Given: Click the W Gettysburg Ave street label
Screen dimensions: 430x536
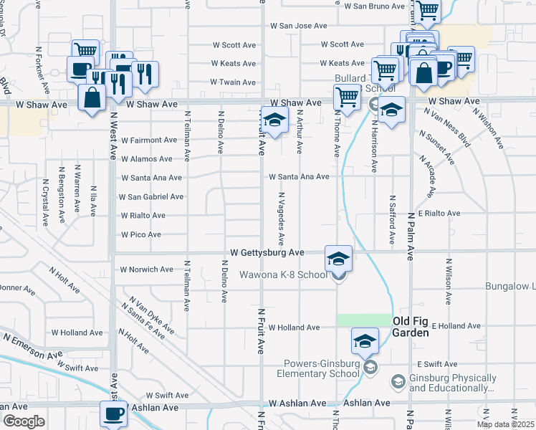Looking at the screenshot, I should click(267, 253).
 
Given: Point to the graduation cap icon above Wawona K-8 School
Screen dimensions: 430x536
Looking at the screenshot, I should click(338, 257).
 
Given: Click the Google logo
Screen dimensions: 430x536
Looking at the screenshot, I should click(24, 421).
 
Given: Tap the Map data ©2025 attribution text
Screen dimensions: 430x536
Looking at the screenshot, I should click(506, 424).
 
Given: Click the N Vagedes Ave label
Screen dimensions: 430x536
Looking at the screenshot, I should click(282, 216).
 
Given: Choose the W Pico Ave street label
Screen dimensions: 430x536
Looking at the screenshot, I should click(140, 234).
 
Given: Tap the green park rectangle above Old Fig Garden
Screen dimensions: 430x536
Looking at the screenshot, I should click(364, 320).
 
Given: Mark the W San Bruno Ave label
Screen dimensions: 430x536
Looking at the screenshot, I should click(374, 6).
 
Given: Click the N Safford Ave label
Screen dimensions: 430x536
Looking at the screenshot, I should click(392, 216).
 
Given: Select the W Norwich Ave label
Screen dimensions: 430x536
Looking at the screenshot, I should click(146, 269).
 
